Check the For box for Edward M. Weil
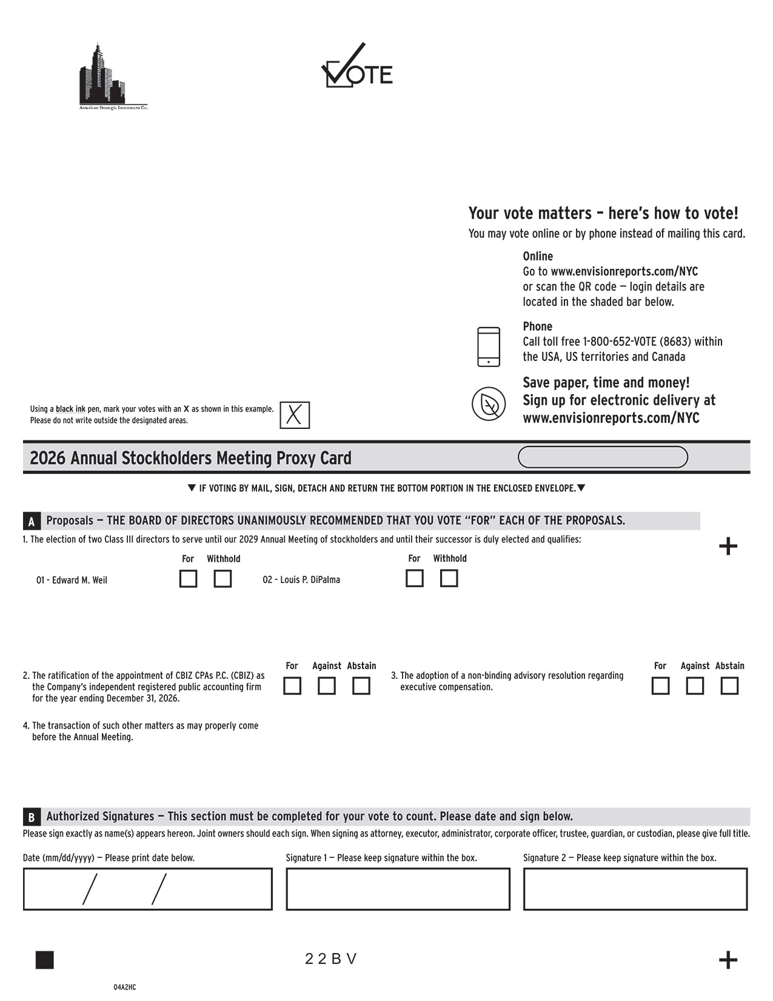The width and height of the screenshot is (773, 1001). pyautogui.click(x=188, y=579)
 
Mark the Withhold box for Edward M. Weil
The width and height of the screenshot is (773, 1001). pyautogui.click(x=223, y=579)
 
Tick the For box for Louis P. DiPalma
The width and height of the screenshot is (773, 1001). pyautogui.click(x=414, y=578)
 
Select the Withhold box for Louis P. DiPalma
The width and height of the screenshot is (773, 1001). pyautogui.click(x=449, y=578)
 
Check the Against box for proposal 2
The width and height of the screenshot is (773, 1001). pyautogui.click(x=327, y=686)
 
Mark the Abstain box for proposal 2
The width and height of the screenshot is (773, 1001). pyautogui.click(x=361, y=686)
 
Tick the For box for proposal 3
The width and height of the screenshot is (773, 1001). pyautogui.click(x=660, y=686)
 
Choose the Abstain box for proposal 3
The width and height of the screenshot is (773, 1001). pyautogui.click(x=729, y=686)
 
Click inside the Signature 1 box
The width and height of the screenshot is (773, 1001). pyautogui.click(x=398, y=889)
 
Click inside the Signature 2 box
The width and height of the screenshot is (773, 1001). pyautogui.click(x=635, y=889)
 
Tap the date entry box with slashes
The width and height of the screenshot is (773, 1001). pyautogui.click(x=147, y=889)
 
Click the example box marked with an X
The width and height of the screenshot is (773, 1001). pyautogui.click(x=295, y=415)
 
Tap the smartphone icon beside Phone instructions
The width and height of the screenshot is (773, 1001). pyautogui.click(x=489, y=346)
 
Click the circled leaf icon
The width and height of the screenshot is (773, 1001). pyautogui.click(x=489, y=403)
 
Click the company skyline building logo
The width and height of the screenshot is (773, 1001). pyautogui.click(x=102, y=76)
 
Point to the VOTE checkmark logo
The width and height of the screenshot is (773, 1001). pyautogui.click(x=356, y=67)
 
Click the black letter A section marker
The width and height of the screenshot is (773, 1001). pyautogui.click(x=32, y=521)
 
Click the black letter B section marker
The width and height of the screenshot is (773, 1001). pyautogui.click(x=32, y=817)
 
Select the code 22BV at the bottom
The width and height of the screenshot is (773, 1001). pyautogui.click(x=330, y=959)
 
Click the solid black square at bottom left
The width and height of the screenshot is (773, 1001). pyautogui.click(x=45, y=960)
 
